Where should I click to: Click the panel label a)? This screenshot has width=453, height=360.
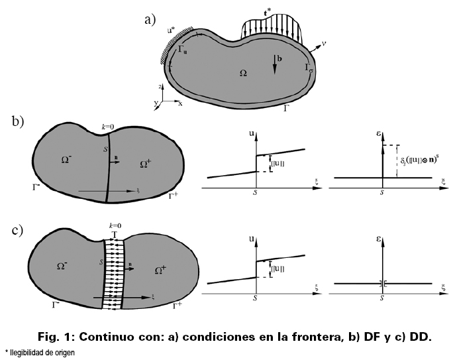pyautogui.click(x=150, y=19)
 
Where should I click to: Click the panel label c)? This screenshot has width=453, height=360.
pyautogui.click(x=18, y=231)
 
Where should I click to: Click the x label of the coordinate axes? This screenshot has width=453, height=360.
pyautogui.click(x=180, y=105)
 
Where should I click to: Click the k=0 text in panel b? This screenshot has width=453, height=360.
pyautogui.click(x=109, y=125)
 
